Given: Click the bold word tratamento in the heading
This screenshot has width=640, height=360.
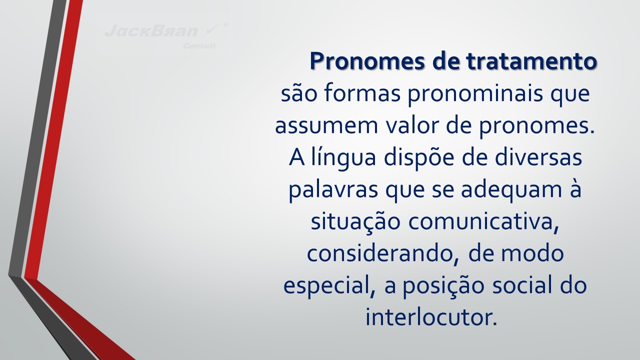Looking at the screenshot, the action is coord(531,61).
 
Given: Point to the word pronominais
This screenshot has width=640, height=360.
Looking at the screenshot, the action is coord(475,95).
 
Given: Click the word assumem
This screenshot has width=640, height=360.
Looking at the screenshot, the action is coord(326,126).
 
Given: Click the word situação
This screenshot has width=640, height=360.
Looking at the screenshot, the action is coord(355,222).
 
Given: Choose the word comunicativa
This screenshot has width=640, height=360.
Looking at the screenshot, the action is coord(483,222).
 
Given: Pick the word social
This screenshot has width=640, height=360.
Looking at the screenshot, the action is coord(522,284).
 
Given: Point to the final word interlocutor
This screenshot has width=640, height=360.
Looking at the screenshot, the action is coord(431,317).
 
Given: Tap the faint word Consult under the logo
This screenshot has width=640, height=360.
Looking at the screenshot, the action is coord(199,46).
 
